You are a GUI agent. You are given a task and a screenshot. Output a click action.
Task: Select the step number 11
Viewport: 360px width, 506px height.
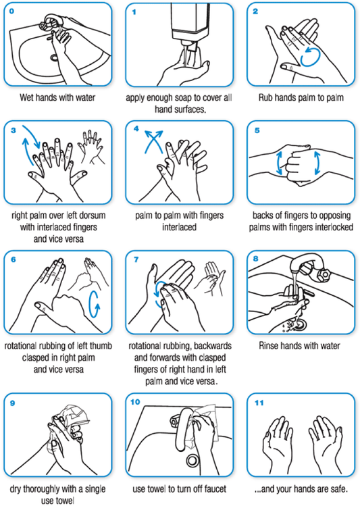[x=257, y=403]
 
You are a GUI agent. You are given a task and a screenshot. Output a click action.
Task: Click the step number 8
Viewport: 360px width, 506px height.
[x=255, y=259]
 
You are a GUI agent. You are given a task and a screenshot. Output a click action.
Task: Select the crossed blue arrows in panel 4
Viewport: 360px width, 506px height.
[x=151, y=144]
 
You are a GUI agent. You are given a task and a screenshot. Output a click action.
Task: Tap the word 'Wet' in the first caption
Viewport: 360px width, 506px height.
[x=33, y=97]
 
